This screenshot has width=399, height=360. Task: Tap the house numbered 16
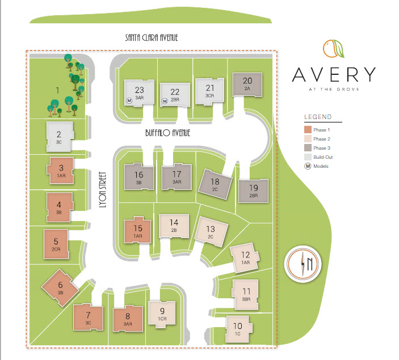click(x=139, y=177)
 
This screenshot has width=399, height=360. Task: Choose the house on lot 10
click(x=238, y=328)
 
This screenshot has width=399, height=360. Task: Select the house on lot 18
click(x=215, y=184)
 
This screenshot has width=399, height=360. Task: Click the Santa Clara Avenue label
click(x=152, y=38)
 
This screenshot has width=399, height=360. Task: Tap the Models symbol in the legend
click(x=308, y=166)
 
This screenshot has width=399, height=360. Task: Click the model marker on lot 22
click(x=165, y=101)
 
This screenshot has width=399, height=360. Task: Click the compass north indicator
click(x=306, y=264)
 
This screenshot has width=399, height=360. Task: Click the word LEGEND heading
click(x=317, y=117)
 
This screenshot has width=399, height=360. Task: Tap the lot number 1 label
click(x=57, y=90)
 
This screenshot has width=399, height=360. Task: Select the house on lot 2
click(x=59, y=136)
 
